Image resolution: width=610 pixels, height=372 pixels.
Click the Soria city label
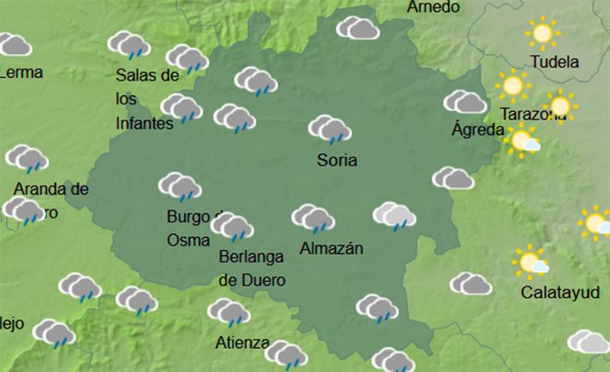(x=337, y=160)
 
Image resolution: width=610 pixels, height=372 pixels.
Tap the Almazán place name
(x=332, y=249)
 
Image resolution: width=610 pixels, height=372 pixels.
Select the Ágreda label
(x=478, y=130)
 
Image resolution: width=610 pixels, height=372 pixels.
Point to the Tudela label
(x=554, y=62)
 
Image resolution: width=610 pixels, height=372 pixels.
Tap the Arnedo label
(x=433, y=8)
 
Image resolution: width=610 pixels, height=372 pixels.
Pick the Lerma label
(x=21, y=73)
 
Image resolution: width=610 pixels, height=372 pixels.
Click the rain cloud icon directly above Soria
(x=330, y=129)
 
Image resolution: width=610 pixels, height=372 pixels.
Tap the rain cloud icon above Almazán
(x=313, y=218)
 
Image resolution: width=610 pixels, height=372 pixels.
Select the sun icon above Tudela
(x=541, y=33)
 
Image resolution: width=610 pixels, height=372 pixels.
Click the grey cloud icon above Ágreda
(x=465, y=102)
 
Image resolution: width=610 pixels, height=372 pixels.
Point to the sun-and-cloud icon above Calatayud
(x=531, y=261)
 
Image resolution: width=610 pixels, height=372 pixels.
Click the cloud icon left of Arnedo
(x=358, y=28)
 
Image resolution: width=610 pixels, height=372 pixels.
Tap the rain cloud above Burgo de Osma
(x=179, y=186)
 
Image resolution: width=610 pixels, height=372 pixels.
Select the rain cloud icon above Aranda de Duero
(x=27, y=158)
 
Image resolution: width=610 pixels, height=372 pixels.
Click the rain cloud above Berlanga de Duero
(x=232, y=227)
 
